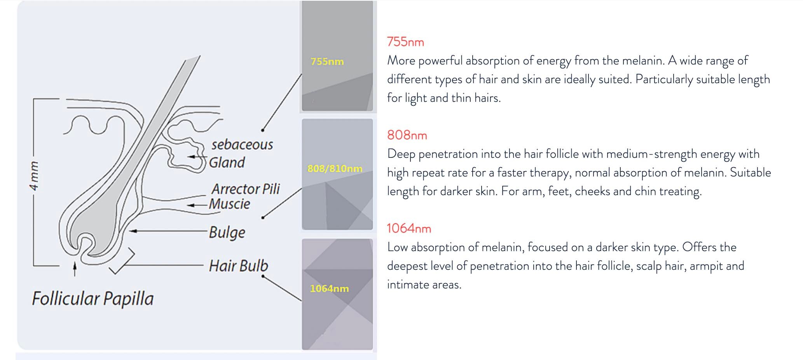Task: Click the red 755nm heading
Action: [x=405, y=42]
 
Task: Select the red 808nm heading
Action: [x=407, y=135]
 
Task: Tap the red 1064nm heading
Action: [x=409, y=228]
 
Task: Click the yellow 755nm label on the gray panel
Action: [x=327, y=61]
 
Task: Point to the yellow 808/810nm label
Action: [x=335, y=168]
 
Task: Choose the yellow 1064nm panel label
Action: [x=329, y=288]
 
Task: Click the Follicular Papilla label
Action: [x=93, y=299]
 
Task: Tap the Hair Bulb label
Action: [x=238, y=266]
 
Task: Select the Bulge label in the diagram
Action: [x=227, y=232]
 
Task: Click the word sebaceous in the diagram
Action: [x=242, y=145]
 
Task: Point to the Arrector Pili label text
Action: [x=246, y=189]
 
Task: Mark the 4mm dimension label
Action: [x=34, y=176]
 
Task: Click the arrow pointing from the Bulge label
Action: [x=168, y=231]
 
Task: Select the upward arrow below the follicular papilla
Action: [x=75, y=269]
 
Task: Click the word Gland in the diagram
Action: [x=227, y=163]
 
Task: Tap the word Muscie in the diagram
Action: [x=229, y=204]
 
